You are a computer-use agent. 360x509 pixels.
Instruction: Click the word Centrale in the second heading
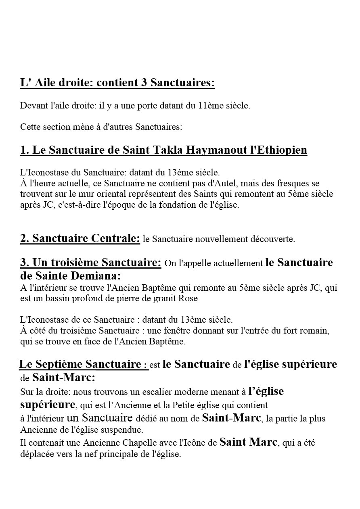coord(114,238)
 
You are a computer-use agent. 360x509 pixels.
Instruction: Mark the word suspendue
coord(121,428)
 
